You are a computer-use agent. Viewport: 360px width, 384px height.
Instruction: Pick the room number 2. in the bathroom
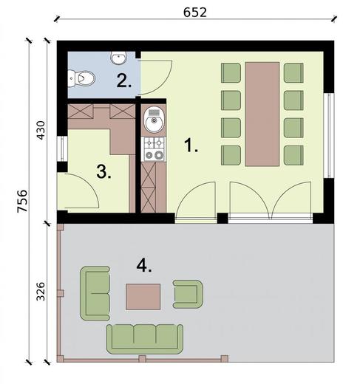tap(123, 80)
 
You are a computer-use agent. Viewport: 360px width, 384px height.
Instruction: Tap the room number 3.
tap(103, 172)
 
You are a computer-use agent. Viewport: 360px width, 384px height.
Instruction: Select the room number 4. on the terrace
tap(144, 265)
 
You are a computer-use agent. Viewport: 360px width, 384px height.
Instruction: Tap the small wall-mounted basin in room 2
tap(118, 56)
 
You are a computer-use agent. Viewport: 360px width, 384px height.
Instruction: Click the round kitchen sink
tap(154, 123)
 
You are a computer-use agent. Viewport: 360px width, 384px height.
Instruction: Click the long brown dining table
tap(262, 114)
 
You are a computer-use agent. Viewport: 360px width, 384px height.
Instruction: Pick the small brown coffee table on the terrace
tap(144, 296)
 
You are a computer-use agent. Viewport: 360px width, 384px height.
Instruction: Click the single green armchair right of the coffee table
tap(187, 292)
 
